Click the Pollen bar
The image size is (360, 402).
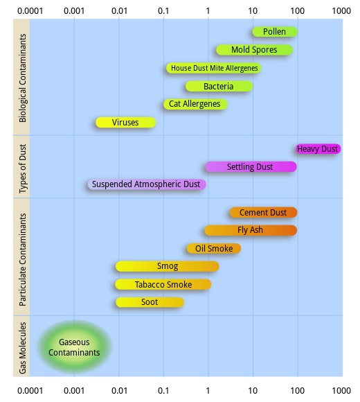click(275, 32)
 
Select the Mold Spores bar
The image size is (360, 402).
click(255, 50)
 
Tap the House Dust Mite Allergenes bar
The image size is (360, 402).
click(214, 68)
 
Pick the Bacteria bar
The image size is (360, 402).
click(219, 87)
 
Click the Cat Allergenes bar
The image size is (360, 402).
click(195, 104)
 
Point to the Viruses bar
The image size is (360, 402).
click(126, 123)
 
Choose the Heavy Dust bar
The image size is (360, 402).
click(318, 149)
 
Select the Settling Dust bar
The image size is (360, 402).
click(251, 167)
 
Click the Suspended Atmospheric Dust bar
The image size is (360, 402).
click(147, 184)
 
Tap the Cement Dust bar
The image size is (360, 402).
click(264, 213)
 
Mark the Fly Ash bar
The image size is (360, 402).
click(251, 230)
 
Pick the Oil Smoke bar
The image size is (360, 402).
click(214, 248)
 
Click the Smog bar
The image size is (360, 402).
click(168, 266)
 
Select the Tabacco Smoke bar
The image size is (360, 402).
click(163, 285)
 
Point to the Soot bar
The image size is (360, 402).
click(150, 302)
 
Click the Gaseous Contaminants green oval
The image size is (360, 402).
click(74, 347)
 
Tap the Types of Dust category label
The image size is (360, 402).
click(23, 168)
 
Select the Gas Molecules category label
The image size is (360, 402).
click(23, 348)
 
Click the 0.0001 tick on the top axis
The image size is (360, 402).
click(30, 11)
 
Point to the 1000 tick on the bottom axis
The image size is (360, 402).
click(341, 391)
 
